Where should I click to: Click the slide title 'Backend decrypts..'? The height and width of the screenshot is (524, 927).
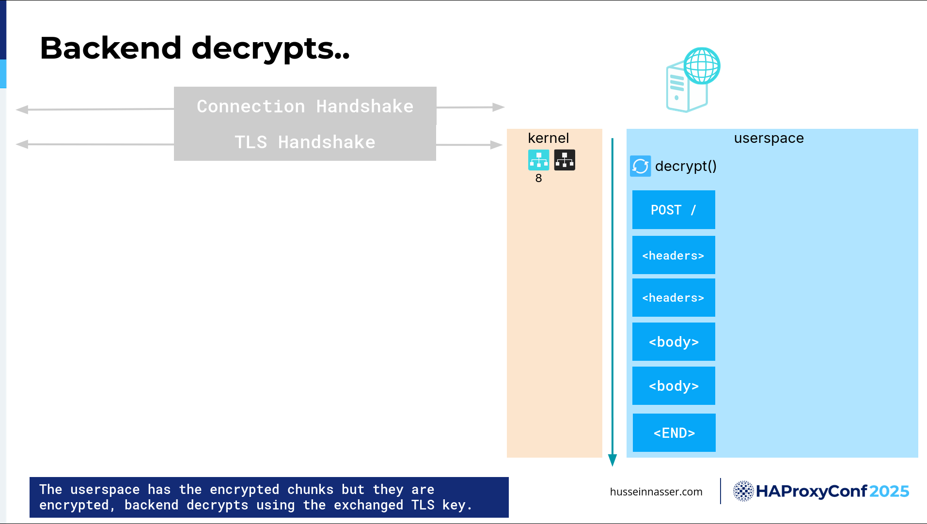click(194, 48)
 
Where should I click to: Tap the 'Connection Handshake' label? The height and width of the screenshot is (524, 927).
click(305, 106)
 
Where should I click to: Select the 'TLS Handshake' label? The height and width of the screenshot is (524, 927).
click(305, 142)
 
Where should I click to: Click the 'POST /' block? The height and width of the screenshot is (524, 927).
click(674, 210)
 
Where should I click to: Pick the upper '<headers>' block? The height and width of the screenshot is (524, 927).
click(674, 255)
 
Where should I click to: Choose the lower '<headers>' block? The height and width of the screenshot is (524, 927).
click(674, 297)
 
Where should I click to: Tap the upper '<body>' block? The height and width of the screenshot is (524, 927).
click(674, 341)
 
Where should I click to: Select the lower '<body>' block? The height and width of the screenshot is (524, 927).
click(674, 385)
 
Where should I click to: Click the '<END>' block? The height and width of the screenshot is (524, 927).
click(674, 432)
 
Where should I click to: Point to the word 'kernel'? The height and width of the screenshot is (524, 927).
click(548, 138)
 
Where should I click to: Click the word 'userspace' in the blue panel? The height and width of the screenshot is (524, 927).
click(769, 139)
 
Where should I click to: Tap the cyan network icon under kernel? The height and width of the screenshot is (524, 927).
click(538, 160)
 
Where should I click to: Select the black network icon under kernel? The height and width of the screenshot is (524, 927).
click(565, 160)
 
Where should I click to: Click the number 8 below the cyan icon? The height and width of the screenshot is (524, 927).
click(538, 178)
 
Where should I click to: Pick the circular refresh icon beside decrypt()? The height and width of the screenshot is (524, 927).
click(640, 166)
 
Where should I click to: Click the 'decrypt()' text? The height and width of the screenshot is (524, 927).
click(686, 166)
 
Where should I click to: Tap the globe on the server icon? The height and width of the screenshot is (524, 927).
click(702, 66)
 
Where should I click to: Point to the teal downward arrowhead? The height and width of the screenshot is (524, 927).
click(613, 460)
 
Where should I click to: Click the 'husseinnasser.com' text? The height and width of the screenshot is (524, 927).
click(656, 492)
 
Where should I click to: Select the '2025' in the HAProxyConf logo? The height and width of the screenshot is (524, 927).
click(889, 491)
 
